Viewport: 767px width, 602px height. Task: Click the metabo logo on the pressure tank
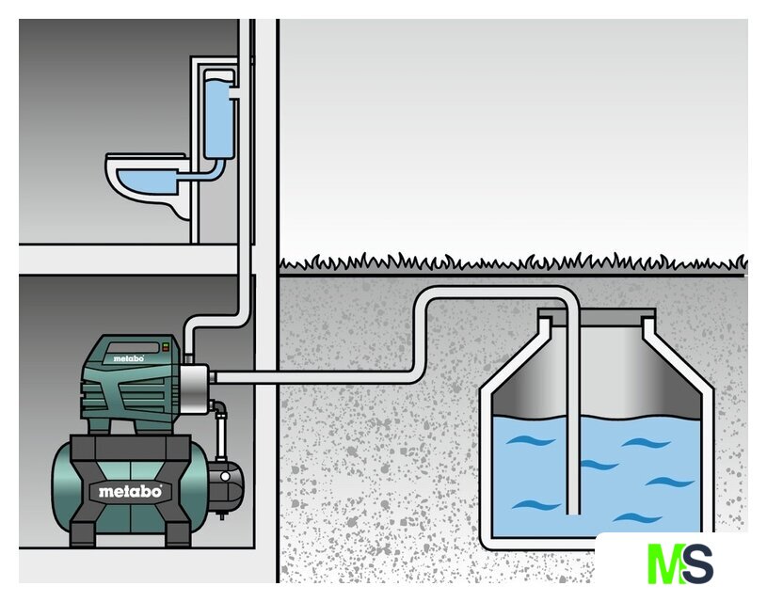[130, 491]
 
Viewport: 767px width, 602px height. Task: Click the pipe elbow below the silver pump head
[218, 411]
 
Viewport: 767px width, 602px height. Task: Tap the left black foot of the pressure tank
[83, 531]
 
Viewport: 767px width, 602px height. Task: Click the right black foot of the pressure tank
[179, 532]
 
